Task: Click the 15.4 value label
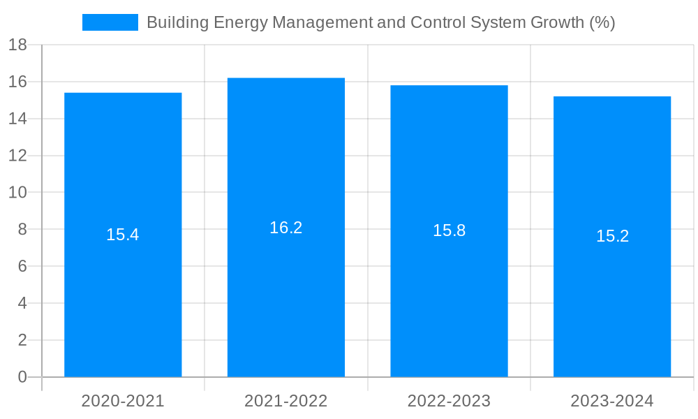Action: tap(123, 235)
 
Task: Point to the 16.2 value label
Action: tap(286, 228)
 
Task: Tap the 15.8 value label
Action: tap(449, 230)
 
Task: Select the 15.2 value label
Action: tap(612, 236)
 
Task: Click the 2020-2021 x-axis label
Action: tap(123, 401)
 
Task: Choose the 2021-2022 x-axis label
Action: tap(286, 401)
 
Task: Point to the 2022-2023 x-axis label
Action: tap(449, 401)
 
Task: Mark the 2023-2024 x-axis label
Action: tap(612, 401)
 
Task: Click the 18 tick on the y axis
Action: tap(17, 45)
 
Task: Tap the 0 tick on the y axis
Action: tap(22, 377)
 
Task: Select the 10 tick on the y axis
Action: tap(17, 193)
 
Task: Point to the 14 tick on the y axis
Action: tap(17, 119)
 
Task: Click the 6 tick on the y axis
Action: tap(22, 267)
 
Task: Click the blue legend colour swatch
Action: tap(110, 22)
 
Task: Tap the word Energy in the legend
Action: tap(242, 22)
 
